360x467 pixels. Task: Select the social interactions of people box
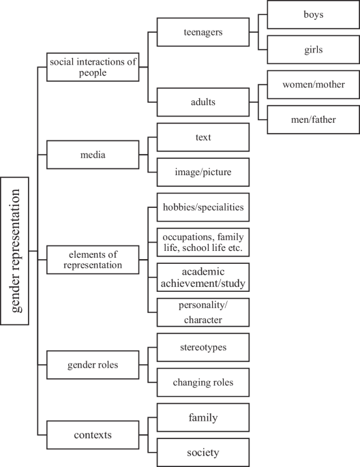[x=93, y=67]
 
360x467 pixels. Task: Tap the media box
[x=93, y=155]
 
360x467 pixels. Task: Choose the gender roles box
[x=93, y=365]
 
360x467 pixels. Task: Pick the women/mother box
[x=312, y=85]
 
